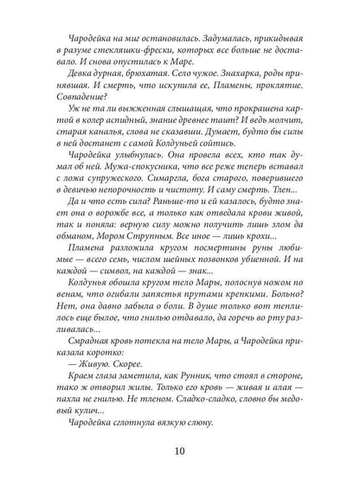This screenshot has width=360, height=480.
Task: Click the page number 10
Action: (180, 451)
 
